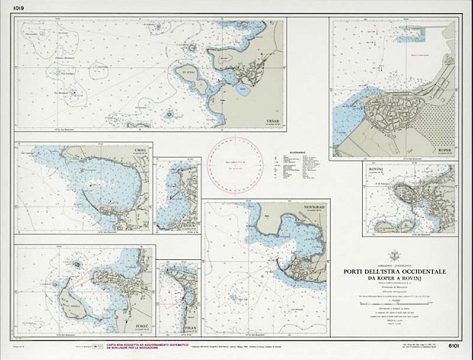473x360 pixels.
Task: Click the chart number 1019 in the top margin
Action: (x=9, y=8)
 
